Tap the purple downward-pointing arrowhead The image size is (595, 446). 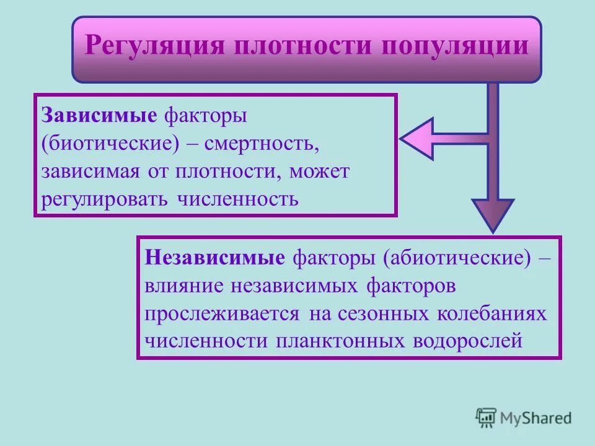(x=493, y=213)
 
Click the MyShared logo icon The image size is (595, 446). (x=486, y=418)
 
